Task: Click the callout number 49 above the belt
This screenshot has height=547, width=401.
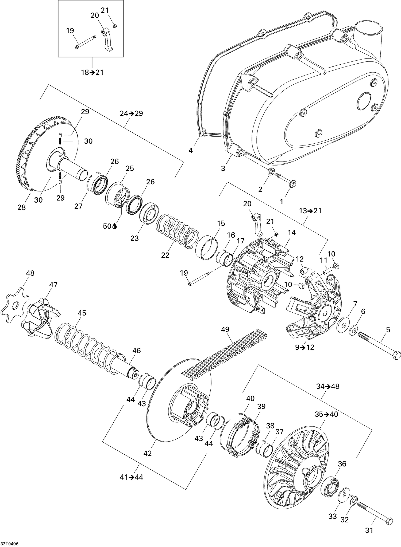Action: tap(225, 329)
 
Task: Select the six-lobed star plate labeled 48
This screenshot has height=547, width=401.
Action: tap(15, 302)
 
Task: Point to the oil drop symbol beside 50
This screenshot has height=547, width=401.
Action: tap(115, 226)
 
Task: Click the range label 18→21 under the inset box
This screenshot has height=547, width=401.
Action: tap(92, 72)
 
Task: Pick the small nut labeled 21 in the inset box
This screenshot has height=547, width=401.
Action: tap(114, 26)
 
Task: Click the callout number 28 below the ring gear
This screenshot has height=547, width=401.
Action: tap(21, 207)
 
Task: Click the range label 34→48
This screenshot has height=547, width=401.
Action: tap(328, 386)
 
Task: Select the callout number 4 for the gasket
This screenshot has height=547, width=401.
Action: tap(190, 151)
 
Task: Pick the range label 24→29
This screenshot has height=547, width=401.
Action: tap(131, 113)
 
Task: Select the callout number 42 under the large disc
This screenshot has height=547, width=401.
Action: tap(148, 453)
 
